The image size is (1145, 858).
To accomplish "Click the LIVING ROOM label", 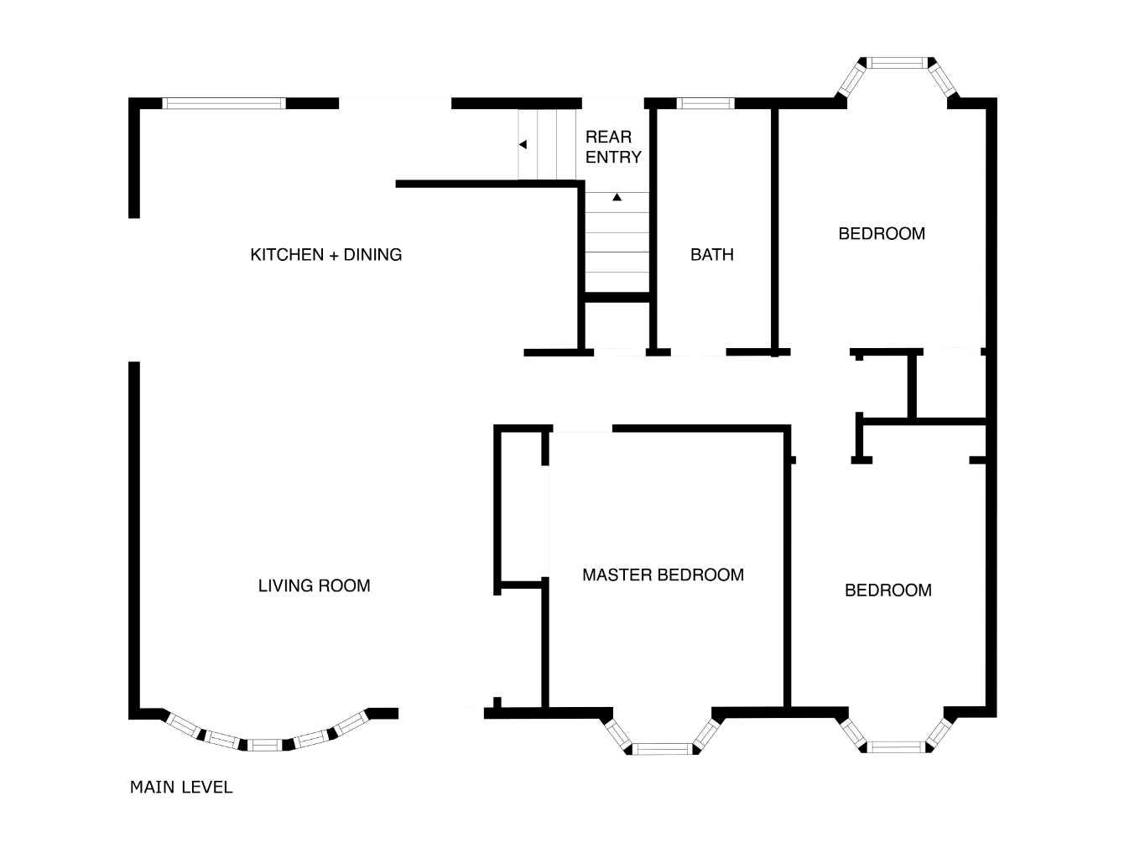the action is coord(314,585).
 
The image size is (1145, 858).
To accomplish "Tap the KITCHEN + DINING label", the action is coord(326,254).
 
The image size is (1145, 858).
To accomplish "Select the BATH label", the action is coord(712,254).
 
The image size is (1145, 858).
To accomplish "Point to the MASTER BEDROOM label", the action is coord(663,575).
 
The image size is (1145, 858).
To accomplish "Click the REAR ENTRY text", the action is coord(613,147).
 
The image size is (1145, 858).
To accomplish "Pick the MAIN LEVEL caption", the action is coord(181,787).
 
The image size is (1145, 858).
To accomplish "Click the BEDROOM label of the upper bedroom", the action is coord(882,233).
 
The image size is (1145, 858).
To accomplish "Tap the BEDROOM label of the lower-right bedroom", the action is coord(887,590).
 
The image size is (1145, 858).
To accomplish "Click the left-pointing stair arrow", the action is coord(523,144).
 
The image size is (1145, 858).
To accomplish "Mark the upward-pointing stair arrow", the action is coord(617,197).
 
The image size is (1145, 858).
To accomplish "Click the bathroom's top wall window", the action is coord(705,103).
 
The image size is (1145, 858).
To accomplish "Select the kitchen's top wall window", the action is coord(224,103).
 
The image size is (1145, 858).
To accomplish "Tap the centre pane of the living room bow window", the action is coord(264,745).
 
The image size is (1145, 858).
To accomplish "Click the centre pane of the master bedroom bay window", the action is coord(663,750).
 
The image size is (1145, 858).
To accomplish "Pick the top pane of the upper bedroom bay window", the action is coord(897,63).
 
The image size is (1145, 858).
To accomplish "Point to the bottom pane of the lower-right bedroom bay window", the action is coord(897,747).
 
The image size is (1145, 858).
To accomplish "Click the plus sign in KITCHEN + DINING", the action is coord(334,255).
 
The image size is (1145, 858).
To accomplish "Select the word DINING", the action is coord(372,254).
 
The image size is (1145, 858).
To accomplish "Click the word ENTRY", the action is coord(613,157).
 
